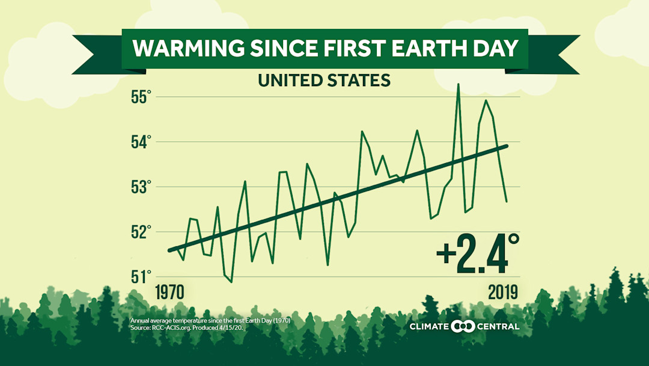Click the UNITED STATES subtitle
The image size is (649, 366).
[x=324, y=80]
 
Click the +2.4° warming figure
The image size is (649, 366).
[x=478, y=254]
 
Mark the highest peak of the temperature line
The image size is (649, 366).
[x=458, y=85]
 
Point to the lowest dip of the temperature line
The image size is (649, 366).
[x=231, y=282]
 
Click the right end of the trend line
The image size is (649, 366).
[x=507, y=146]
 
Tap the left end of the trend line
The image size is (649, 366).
[x=170, y=250]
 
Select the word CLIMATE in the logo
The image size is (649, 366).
[x=429, y=327]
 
